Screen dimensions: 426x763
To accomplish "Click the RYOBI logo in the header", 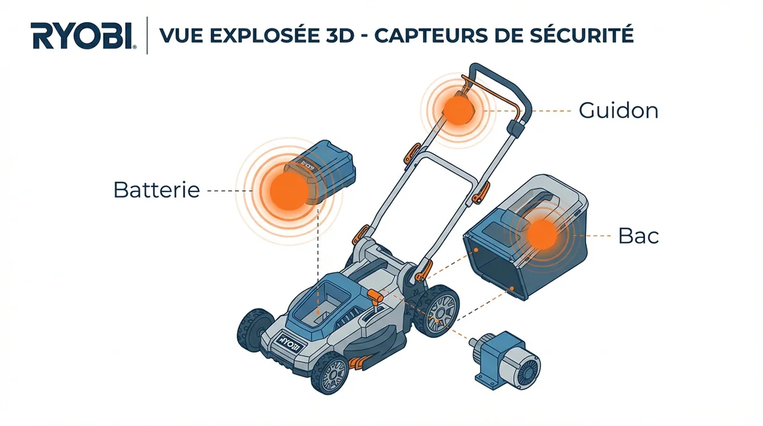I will tap(82, 35).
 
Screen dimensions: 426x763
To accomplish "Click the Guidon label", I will tap(618, 110).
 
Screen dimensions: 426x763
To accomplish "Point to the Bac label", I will tap(638, 236).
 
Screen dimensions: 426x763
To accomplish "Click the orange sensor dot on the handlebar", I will tap(456, 110).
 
